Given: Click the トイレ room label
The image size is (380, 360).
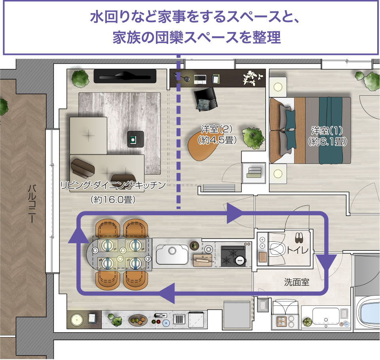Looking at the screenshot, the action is coord(298,250).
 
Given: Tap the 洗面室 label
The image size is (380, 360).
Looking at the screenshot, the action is coord(296,282).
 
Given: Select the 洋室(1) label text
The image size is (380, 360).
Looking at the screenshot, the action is coord(327,131).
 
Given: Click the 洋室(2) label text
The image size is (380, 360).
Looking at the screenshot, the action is coord(217,129).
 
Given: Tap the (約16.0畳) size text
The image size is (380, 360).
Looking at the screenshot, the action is coord(113,200).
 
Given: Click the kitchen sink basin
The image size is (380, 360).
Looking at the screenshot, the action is coord(172,254).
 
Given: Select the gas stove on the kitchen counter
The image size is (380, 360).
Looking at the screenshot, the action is coord(234,256).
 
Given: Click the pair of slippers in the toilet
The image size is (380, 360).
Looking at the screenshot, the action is coord(298,238).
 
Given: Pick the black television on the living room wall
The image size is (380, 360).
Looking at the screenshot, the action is coord(125,76).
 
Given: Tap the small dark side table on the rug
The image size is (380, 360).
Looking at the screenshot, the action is coord(135,139).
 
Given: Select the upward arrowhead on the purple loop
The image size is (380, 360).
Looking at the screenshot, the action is coord(78,235).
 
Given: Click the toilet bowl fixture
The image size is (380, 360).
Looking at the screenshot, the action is coord(277,250).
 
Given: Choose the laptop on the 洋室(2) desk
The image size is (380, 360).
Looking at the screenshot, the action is coord(200,80).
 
